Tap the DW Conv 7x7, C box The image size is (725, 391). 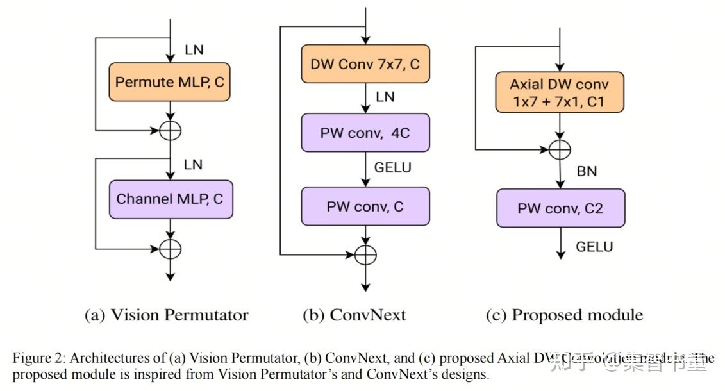tap(365, 64)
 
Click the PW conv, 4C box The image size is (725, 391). tap(365, 134)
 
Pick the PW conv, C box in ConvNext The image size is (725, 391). tap(365, 206)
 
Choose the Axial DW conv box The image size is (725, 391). tap(559, 92)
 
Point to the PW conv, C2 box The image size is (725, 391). tap(560, 208)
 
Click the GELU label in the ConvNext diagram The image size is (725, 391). tap(392, 168)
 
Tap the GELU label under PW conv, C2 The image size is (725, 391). tap(594, 247)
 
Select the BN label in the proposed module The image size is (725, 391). tap(587, 171)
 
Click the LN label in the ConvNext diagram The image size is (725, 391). tap(385, 97)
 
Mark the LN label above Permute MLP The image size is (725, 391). tap(193, 49)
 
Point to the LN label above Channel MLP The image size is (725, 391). tap(193, 165)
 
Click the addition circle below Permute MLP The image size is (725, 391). tap(170, 130)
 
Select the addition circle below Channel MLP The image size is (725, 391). tap(170, 249)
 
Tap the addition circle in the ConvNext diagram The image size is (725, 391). tap(365, 254)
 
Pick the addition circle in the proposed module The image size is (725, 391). tap(560, 149)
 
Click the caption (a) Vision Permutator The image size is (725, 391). tap(166, 315)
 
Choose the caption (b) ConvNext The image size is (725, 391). tap(354, 315)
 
